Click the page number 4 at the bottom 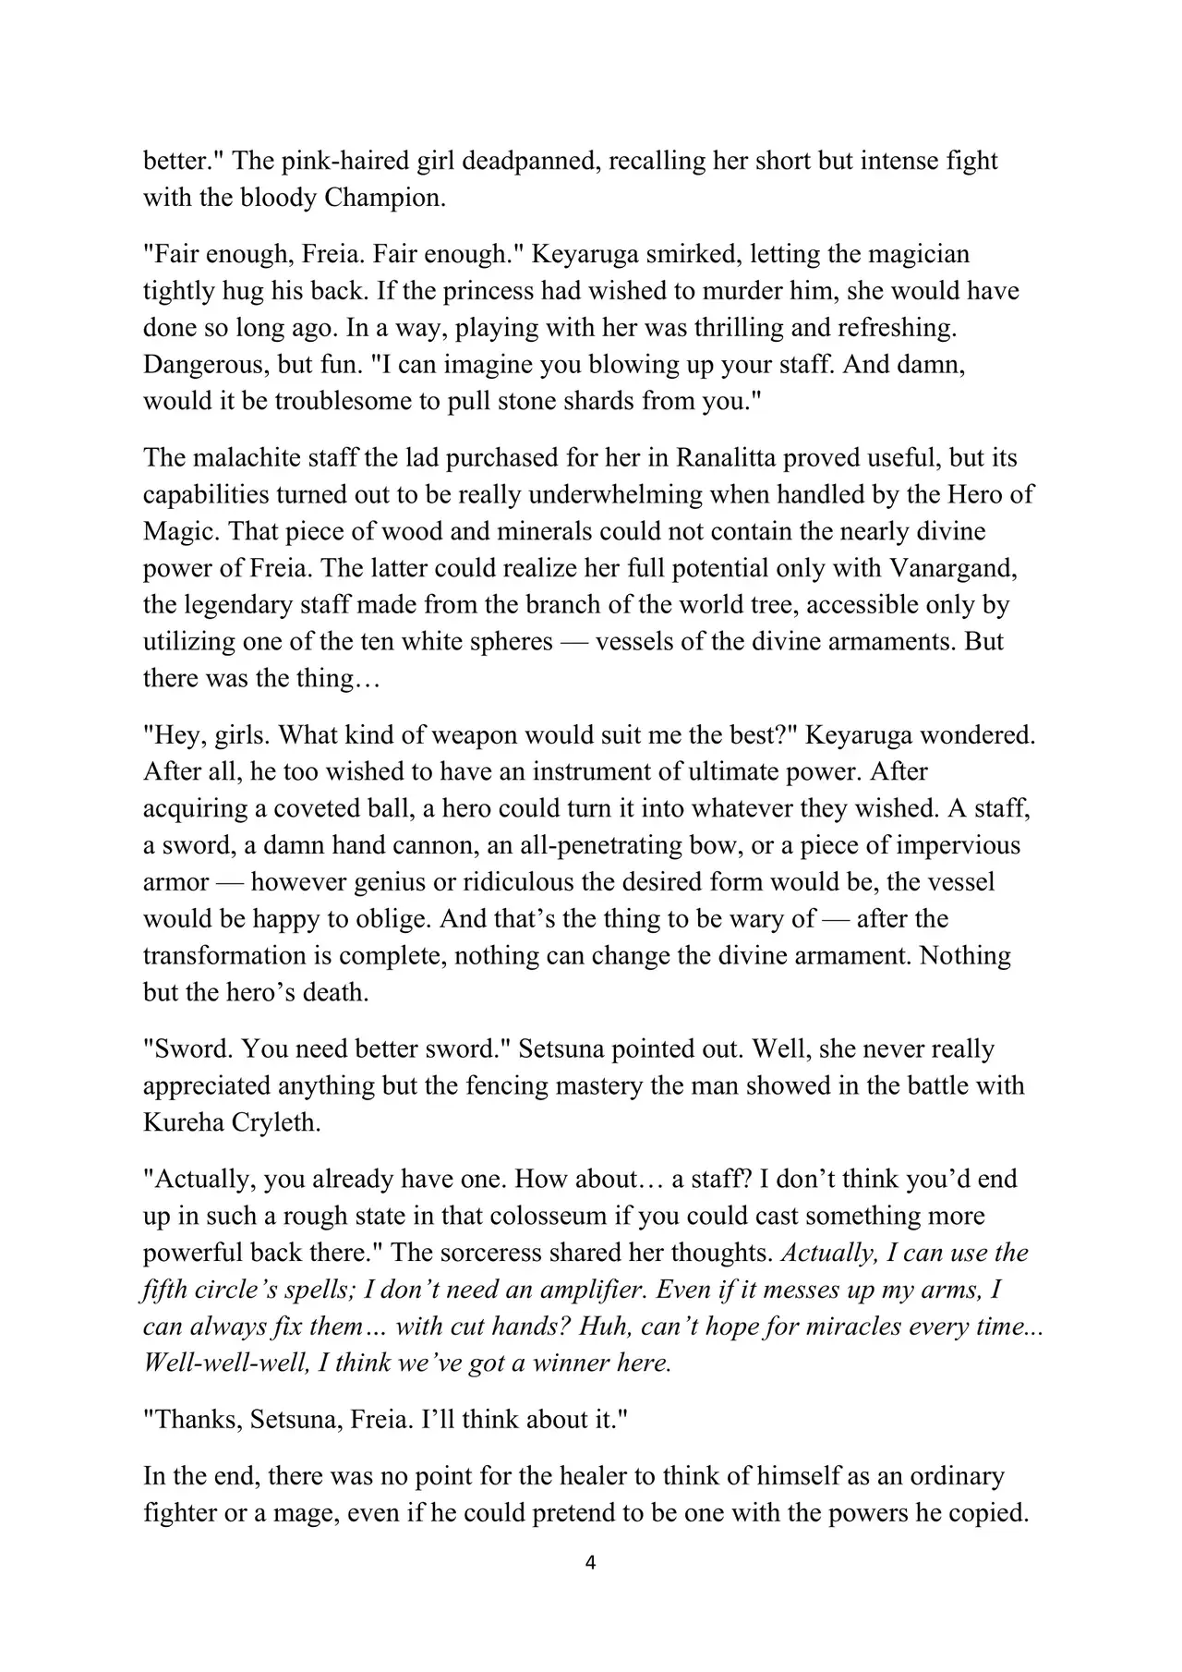(x=591, y=1564)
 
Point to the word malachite (x=243, y=457)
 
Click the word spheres (x=500, y=642)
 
